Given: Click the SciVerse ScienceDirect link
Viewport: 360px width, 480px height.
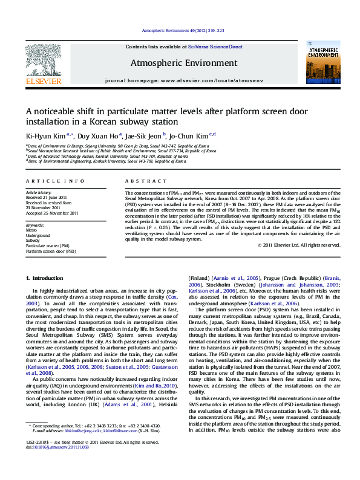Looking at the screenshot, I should click(x=215, y=47).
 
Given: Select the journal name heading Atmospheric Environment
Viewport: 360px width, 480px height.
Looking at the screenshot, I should click(x=183, y=63).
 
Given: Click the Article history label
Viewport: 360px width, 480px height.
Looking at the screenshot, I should click(x=39, y=192).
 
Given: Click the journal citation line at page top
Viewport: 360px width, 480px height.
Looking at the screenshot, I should click(x=183, y=30).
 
